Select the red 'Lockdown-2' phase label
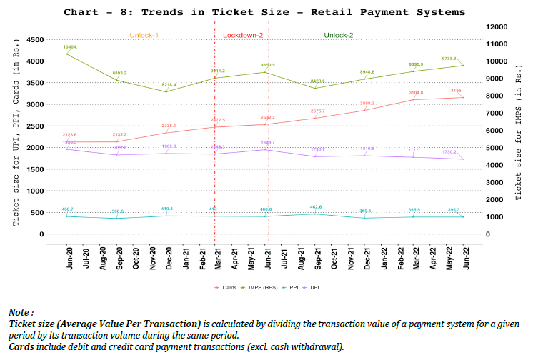[x=243, y=36]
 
